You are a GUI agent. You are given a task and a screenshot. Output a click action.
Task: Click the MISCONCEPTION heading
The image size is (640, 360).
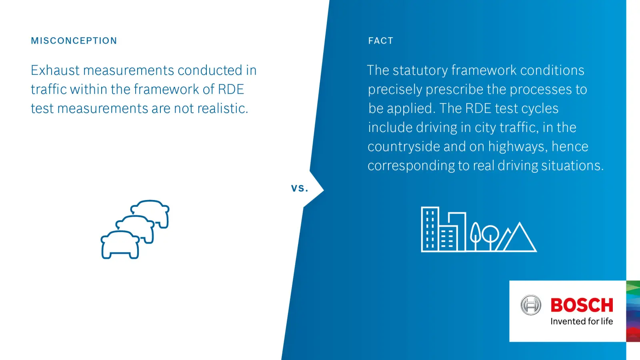74,41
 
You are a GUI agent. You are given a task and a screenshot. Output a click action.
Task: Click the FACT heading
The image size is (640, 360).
380,41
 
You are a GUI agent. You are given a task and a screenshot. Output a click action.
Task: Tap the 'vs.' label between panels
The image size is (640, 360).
300,188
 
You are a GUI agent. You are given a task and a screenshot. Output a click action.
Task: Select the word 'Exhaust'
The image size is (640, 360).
55,70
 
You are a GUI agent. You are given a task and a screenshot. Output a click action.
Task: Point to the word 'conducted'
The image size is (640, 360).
210,70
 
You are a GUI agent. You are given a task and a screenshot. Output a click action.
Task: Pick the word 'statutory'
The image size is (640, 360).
420,71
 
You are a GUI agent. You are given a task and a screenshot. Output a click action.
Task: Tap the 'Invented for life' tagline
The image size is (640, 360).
582,322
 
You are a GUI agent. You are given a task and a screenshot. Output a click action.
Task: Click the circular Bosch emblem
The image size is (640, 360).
530,305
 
